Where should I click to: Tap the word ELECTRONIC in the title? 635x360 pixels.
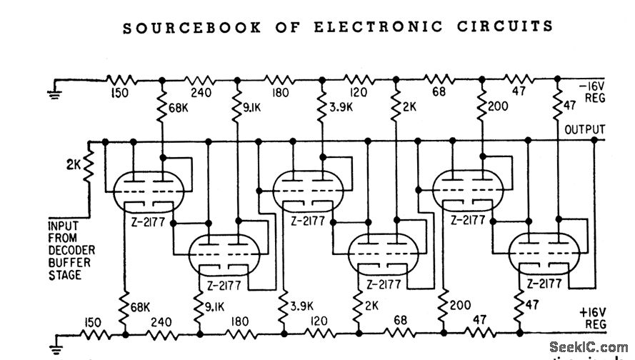point(361,27)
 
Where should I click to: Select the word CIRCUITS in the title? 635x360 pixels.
point(504,27)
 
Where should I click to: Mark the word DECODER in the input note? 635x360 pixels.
point(71,250)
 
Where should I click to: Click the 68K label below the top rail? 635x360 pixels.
point(179,110)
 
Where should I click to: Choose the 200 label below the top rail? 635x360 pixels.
point(497,107)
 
